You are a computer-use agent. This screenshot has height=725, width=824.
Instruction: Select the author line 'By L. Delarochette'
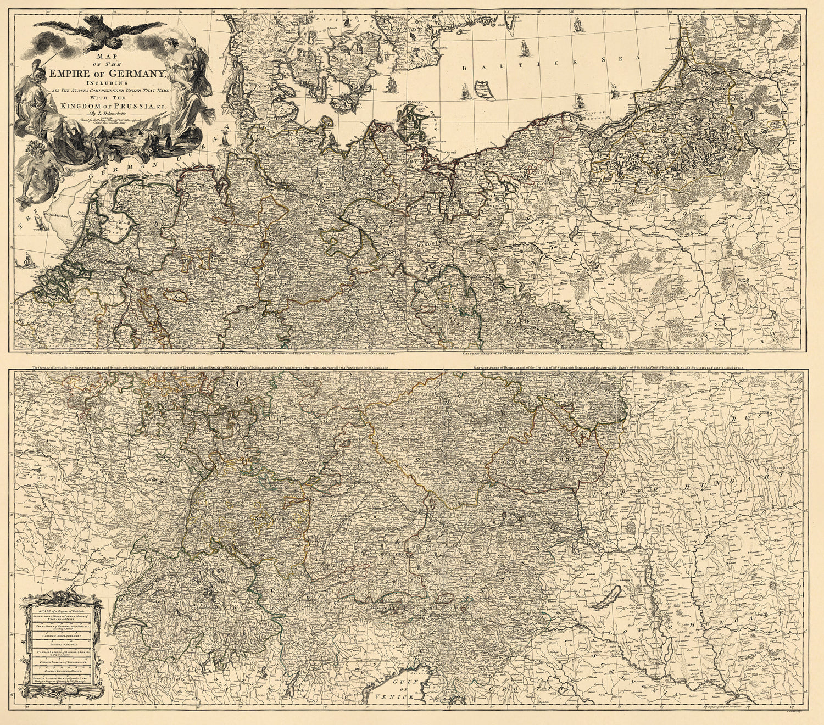point(110,112)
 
